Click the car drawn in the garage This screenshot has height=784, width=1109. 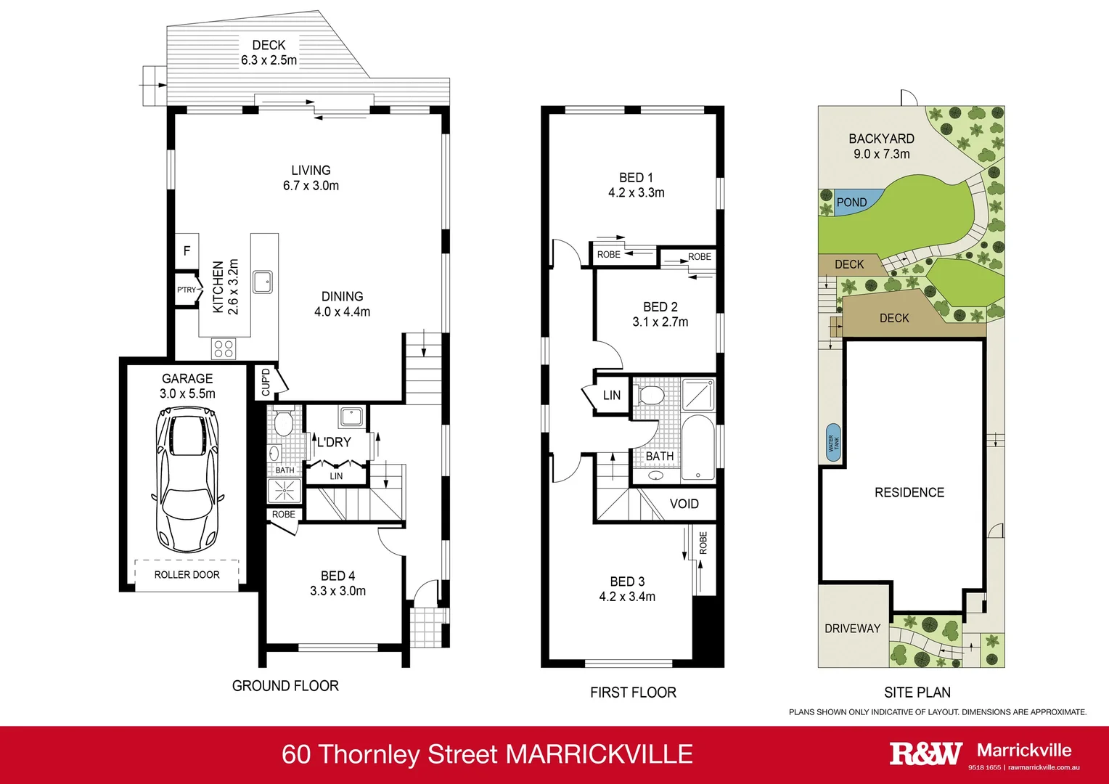pyautogui.click(x=187, y=480)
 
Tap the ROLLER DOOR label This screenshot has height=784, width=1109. pyautogui.click(x=187, y=574)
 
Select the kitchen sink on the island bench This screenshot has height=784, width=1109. pyautogui.click(x=263, y=281)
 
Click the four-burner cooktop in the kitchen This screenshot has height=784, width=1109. pyautogui.click(x=224, y=348)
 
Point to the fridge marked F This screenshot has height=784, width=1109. pyautogui.click(x=187, y=251)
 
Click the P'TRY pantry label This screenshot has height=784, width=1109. pyautogui.click(x=187, y=290)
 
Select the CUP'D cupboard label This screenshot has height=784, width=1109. pyautogui.click(x=265, y=382)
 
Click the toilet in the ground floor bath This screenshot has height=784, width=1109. pyautogui.click(x=283, y=421)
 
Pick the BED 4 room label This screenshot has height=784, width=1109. pyautogui.click(x=338, y=576)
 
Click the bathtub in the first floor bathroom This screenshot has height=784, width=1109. pyautogui.click(x=698, y=448)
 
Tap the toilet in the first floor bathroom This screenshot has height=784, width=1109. pyautogui.click(x=650, y=396)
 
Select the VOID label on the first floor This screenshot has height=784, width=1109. pyautogui.click(x=684, y=504)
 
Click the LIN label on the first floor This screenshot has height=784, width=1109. pyautogui.click(x=612, y=395)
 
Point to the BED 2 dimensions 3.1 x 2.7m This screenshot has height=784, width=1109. pyautogui.click(x=660, y=322)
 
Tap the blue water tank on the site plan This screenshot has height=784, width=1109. pyautogui.click(x=833, y=443)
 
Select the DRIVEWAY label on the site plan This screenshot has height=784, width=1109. pyautogui.click(x=852, y=628)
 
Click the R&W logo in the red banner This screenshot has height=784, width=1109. pyautogui.click(x=925, y=754)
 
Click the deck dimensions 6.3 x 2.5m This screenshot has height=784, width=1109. pyautogui.click(x=269, y=60)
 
